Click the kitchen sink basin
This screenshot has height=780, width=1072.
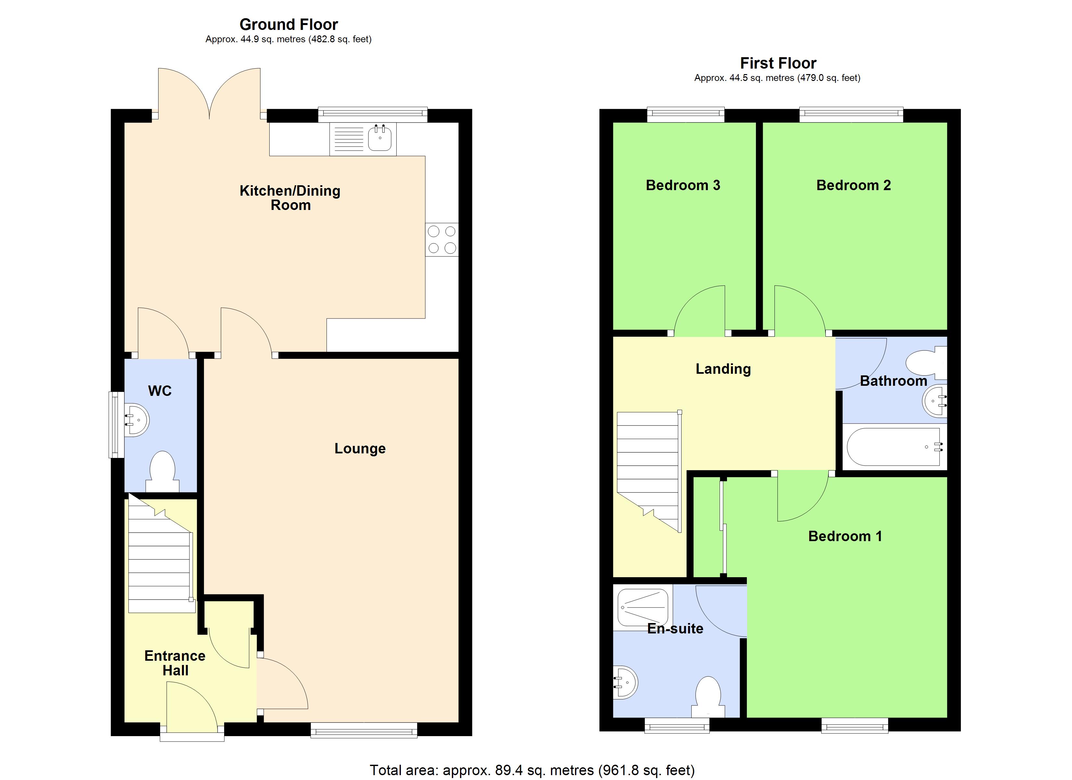pyautogui.click(x=379, y=138)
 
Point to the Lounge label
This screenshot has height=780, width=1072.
pyautogui.click(x=360, y=448)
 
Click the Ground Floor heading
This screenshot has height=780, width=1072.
pyautogui.click(x=288, y=24)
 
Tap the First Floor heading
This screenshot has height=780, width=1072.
pyautogui.click(x=778, y=63)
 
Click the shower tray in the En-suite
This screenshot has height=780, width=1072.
pyautogui.click(x=643, y=607)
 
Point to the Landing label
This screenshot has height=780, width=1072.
pyautogui.click(x=723, y=369)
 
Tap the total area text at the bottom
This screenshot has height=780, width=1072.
pyautogui.click(x=532, y=770)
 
